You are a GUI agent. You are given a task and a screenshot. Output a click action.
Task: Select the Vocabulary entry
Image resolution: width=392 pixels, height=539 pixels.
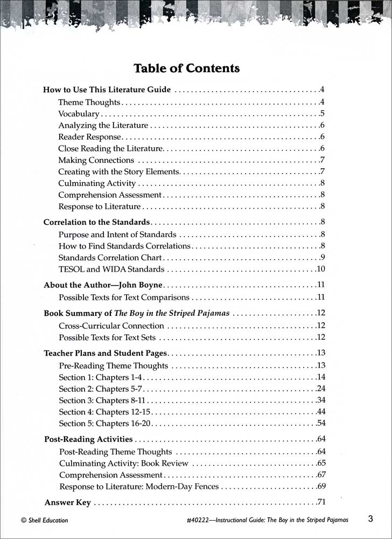[79, 114]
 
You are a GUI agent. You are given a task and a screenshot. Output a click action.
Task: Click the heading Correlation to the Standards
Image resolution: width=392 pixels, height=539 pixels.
[96, 222]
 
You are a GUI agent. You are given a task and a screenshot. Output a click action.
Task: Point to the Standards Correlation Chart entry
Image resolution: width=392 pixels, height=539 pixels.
[110, 257]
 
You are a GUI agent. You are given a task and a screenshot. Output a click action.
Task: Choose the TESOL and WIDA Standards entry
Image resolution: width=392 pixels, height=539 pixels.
[111, 269]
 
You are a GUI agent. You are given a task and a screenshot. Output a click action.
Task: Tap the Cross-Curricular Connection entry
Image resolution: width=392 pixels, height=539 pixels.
[111, 326]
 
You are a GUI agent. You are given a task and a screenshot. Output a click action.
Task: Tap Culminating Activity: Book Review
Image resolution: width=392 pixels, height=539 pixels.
[124, 463]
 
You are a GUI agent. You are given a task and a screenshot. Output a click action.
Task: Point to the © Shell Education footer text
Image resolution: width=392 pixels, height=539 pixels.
[44, 521]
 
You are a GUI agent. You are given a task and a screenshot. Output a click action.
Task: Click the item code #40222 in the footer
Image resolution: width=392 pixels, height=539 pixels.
[196, 521]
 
